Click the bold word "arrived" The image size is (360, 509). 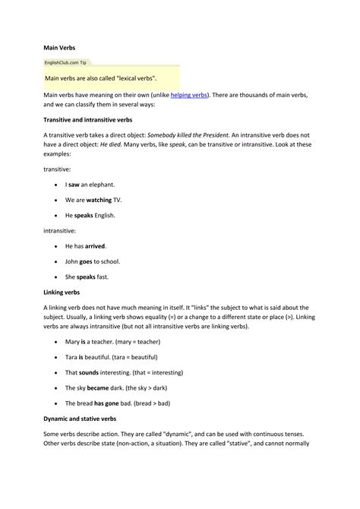(x=95, y=246)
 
